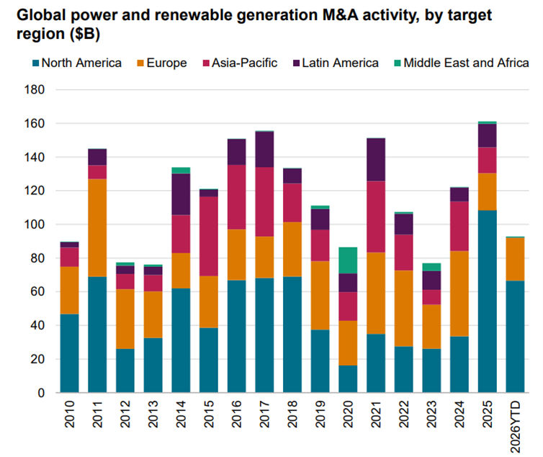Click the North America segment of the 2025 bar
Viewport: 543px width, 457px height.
pyautogui.click(x=488, y=302)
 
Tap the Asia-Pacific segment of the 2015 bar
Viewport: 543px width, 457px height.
pyautogui.click(x=209, y=236)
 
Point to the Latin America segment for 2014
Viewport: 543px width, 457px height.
pyautogui.click(x=181, y=194)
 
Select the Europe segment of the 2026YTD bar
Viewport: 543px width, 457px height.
pyautogui.click(x=515, y=259)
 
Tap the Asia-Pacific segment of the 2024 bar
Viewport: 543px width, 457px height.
pyautogui.click(x=459, y=226)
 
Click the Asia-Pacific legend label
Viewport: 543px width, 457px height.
pyautogui.click(x=245, y=63)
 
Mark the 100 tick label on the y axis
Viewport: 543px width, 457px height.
pyautogui.click(x=33, y=225)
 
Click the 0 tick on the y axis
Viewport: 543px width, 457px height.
pyautogui.click(x=40, y=393)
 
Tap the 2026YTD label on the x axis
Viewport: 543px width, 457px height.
pyautogui.click(x=516, y=424)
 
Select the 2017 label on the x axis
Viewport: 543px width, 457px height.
pyautogui.click(x=265, y=417)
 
